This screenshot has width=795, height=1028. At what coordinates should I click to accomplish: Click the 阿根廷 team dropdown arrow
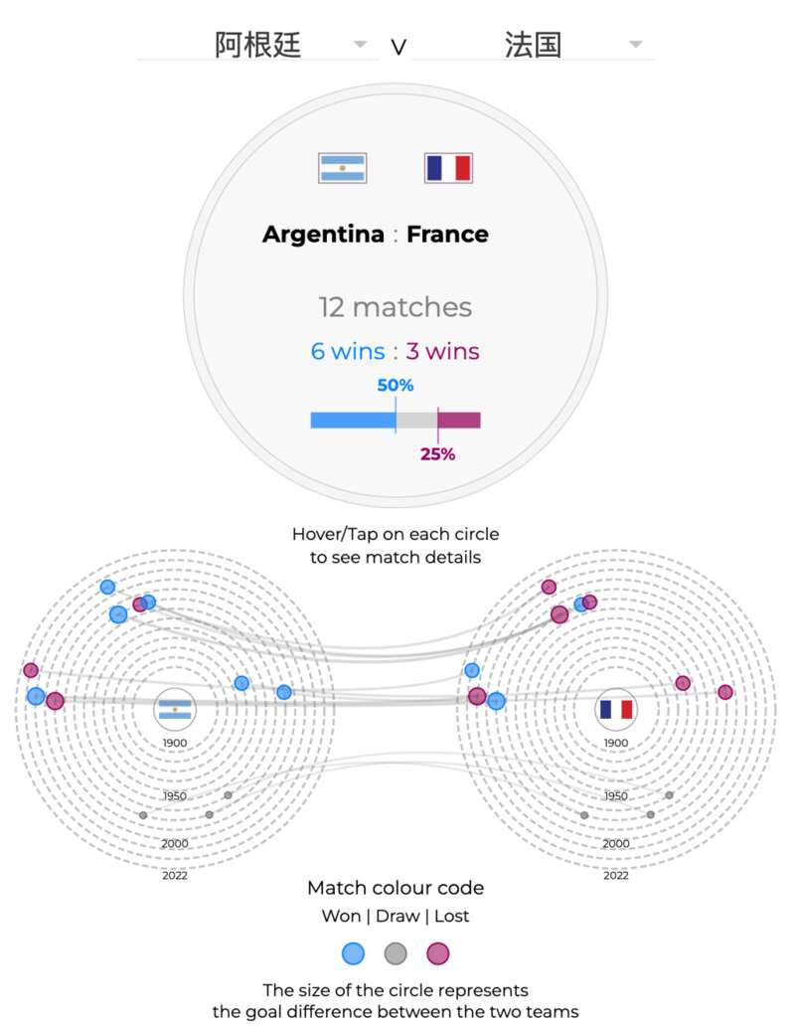coord(360,44)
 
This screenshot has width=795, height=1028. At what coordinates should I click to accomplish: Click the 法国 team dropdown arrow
coord(635,44)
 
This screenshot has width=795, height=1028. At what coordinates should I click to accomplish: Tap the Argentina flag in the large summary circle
coord(342,168)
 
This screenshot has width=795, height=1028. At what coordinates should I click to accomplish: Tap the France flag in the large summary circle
coord(448,168)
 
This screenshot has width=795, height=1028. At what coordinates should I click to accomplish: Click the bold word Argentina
coord(323,234)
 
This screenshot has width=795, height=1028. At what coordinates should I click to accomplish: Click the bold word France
coord(447,234)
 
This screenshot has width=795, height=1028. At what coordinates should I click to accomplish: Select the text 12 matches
coord(396,307)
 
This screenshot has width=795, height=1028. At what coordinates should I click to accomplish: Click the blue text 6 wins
coord(348,351)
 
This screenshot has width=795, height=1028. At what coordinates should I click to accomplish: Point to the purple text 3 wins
coord(442,351)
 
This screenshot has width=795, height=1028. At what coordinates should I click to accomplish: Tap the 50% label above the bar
coord(396,385)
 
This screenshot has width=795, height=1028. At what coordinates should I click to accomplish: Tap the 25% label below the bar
coord(438,453)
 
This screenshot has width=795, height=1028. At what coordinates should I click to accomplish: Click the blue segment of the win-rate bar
coord(353,421)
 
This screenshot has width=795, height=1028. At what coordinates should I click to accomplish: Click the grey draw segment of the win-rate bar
coord(416,421)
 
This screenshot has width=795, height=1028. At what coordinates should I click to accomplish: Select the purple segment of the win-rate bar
coord(459,421)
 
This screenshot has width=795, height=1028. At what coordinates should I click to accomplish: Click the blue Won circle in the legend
coord(353,953)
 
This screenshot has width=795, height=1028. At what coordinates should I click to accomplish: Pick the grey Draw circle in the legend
coord(396,953)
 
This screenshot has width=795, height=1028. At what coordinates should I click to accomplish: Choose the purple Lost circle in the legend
coord(438,953)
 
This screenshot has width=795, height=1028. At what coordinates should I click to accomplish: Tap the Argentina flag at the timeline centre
coord(175,710)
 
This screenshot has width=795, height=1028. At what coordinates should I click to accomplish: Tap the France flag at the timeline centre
coord(616,710)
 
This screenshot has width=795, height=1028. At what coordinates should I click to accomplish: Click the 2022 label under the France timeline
coord(616,875)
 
